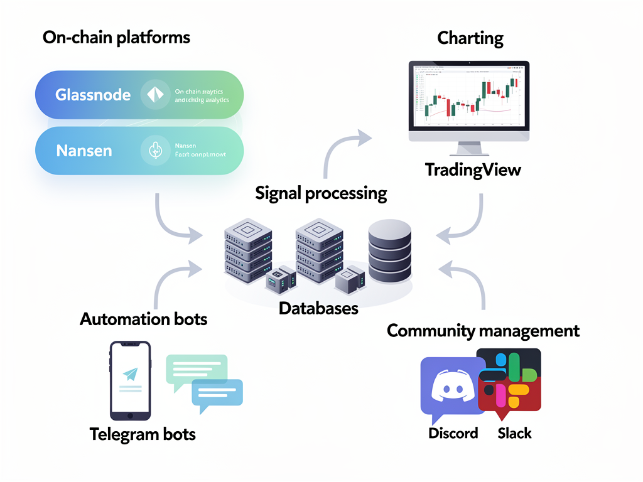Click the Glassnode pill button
tap(138, 95)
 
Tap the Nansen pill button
tap(138, 151)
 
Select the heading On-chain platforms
tap(116, 38)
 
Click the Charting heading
tap(470, 38)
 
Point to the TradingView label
tap(473, 169)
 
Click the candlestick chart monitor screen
tap(469, 96)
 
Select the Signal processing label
tap(321, 193)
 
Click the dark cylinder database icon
tap(389, 251)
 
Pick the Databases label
tap(318, 308)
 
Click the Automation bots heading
tap(143, 319)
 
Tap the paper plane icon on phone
tap(130, 374)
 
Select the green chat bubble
tap(195, 370)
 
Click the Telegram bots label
tap(143, 434)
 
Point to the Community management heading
tap(483, 330)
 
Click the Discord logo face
tap(452, 389)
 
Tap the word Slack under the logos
tap(514, 433)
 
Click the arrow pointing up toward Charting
tap(342, 151)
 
